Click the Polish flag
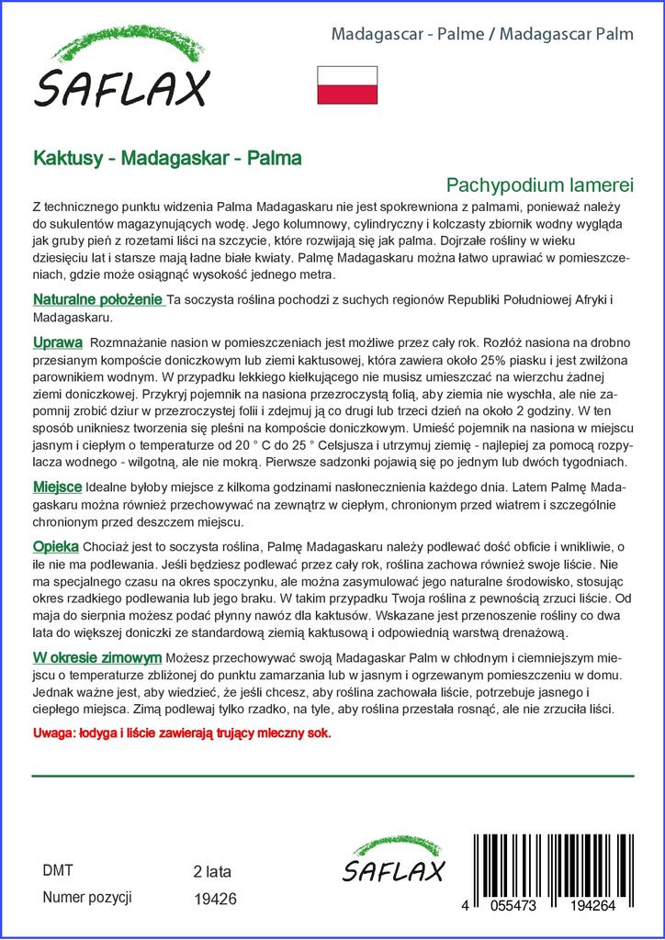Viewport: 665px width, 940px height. click(346, 85)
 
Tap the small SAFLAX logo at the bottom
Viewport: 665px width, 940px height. click(393, 863)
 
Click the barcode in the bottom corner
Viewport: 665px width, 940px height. click(551, 867)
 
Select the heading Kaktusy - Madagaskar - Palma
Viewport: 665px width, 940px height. click(167, 158)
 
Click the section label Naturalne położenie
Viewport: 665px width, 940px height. click(97, 300)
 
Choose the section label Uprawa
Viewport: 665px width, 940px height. click(58, 342)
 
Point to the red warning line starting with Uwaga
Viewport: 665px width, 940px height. click(181, 733)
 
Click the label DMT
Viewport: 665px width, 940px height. click(58, 870)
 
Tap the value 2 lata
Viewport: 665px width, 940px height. click(212, 871)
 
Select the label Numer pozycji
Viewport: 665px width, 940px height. click(88, 897)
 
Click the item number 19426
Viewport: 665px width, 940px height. click(216, 900)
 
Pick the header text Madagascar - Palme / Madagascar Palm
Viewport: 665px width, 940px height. click(481, 34)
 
